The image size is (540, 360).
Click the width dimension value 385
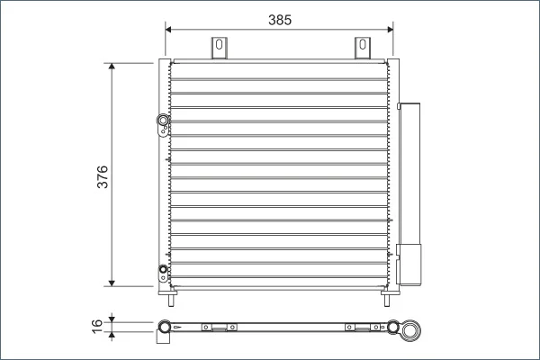(280, 20)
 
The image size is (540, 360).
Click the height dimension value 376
(103, 176)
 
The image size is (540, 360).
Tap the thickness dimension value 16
(97, 326)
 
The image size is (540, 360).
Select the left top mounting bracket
(219, 48)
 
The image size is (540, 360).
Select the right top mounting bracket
(363, 48)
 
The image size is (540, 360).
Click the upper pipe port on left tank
(163, 121)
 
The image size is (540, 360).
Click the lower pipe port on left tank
(163, 269)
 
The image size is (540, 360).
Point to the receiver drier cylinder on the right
(409, 194)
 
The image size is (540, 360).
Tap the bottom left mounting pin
(171, 301)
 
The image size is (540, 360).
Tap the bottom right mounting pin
(387, 301)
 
